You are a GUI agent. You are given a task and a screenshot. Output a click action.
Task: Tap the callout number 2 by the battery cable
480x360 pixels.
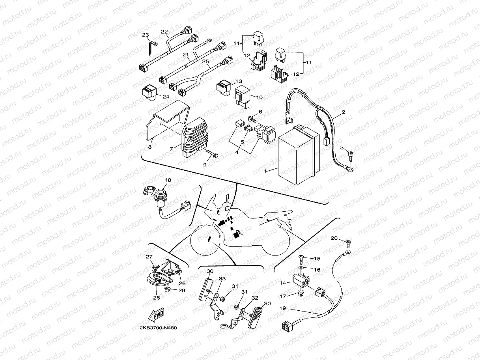tap(343, 112)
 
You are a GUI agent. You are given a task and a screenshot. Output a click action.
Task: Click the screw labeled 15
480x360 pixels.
tap(301, 257)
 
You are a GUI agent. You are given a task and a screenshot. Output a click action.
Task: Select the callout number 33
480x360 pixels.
tap(222, 279)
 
